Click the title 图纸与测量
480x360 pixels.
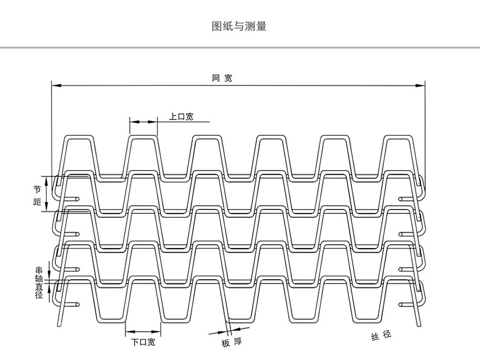[239, 26]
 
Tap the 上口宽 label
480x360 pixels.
[181, 116]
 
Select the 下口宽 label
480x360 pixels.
[143, 342]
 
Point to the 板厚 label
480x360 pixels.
[231, 343]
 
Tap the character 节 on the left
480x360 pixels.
[37, 189]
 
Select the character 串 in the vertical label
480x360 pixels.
[39, 270]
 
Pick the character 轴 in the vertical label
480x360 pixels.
[39, 279]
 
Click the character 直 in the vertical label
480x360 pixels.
[39, 287]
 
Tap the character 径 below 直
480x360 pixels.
[39, 296]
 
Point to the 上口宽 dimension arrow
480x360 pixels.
[143, 122]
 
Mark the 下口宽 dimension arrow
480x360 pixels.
[143, 332]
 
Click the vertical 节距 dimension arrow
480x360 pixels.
[47, 194]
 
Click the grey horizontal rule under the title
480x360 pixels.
[240, 48]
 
